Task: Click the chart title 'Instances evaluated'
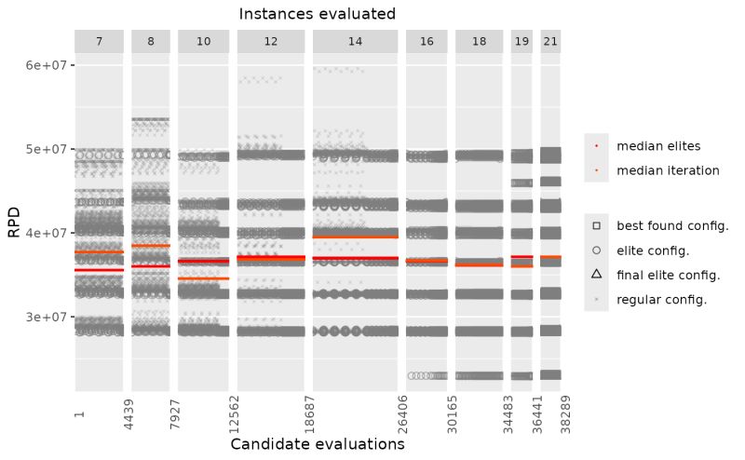point(317,14)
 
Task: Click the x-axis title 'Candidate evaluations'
point(317,444)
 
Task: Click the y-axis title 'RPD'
point(14,223)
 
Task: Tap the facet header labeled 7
point(99,42)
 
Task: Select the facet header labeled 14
point(355,42)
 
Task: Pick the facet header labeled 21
point(550,42)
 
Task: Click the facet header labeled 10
point(203,42)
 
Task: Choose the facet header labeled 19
point(521,42)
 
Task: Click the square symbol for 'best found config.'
point(596,226)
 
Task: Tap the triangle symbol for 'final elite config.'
point(596,275)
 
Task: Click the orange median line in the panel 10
point(203,278)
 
